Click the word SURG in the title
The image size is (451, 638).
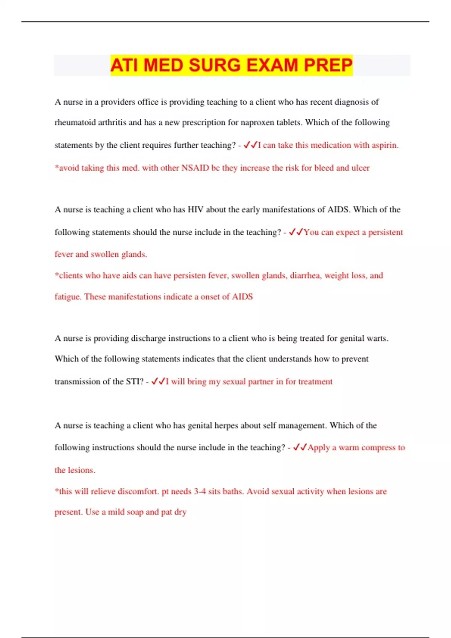point(214,65)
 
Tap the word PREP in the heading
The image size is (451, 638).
point(328,65)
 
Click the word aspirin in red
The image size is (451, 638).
point(385,145)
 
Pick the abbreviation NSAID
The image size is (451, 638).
point(195,168)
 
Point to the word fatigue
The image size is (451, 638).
point(68,297)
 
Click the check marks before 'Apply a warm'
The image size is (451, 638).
point(300,447)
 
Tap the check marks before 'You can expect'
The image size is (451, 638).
point(296,232)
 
